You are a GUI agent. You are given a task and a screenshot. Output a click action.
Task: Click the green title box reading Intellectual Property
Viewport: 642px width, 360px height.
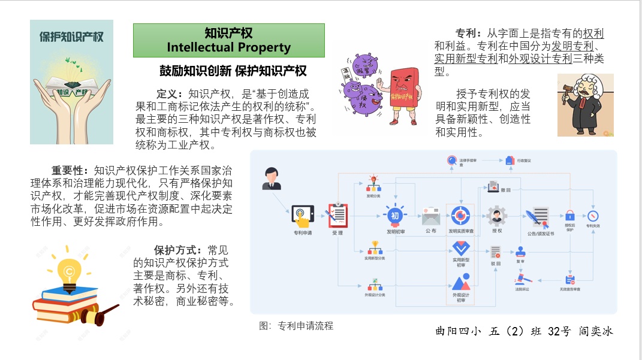tap(228, 40)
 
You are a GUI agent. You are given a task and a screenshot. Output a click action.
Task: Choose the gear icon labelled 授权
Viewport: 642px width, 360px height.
tap(497, 215)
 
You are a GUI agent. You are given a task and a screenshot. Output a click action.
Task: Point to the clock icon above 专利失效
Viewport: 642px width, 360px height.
tap(593, 216)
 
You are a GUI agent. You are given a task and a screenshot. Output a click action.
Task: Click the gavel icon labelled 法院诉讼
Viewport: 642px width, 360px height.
tap(522, 279)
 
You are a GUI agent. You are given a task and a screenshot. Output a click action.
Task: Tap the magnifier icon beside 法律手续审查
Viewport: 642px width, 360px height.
tap(452, 160)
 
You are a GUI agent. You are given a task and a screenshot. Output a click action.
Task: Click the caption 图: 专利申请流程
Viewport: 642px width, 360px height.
tap(296, 326)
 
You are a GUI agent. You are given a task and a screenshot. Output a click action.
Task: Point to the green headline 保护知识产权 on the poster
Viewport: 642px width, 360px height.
tap(71, 36)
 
